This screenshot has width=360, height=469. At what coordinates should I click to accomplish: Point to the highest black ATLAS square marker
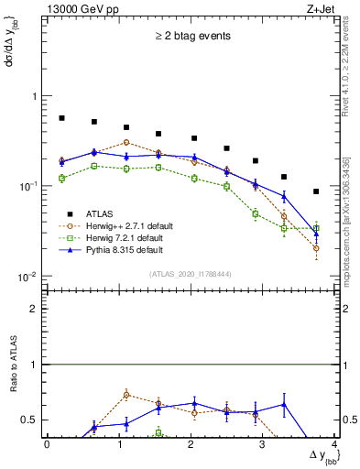[x=61, y=118]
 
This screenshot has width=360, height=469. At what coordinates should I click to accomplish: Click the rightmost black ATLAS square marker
[x=316, y=191]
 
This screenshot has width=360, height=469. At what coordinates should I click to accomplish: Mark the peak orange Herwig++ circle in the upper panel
[x=126, y=142]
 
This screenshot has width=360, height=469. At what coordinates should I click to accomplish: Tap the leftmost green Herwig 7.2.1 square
[x=61, y=178]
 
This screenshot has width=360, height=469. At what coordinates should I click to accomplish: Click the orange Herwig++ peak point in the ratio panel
[x=126, y=395]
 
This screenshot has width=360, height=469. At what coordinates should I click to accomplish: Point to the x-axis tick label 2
[x=191, y=445]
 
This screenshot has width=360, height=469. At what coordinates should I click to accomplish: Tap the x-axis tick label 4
[x=335, y=445]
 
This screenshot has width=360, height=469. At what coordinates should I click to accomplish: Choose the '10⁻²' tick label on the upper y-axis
[x=26, y=277]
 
